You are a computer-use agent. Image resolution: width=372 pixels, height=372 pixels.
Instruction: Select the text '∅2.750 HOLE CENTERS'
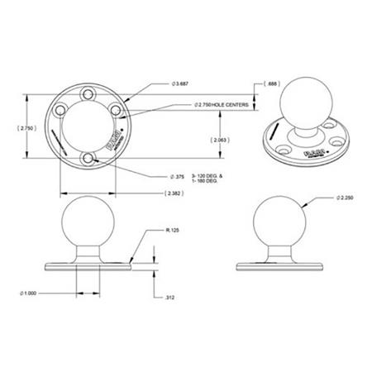tap(224, 105)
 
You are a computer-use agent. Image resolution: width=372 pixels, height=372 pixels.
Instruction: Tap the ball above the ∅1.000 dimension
tap(88, 222)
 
